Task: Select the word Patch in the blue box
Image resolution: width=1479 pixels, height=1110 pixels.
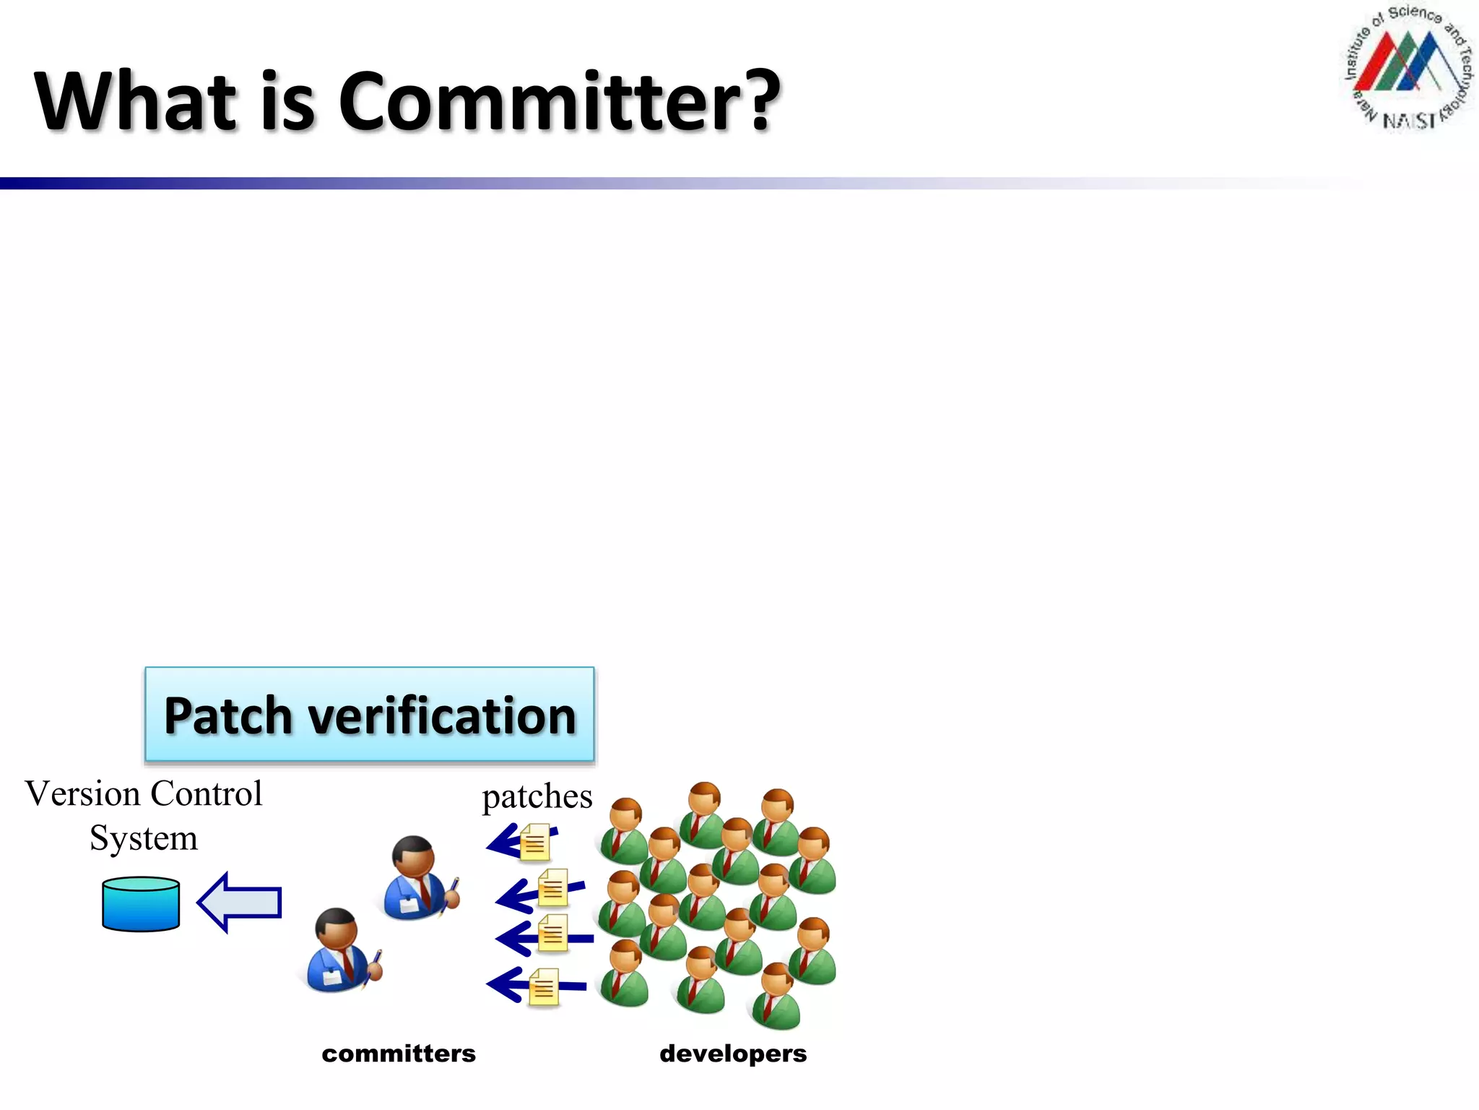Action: click(x=228, y=716)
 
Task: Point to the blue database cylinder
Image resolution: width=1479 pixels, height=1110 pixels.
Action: click(x=141, y=904)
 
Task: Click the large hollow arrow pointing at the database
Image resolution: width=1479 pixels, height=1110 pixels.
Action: click(x=240, y=903)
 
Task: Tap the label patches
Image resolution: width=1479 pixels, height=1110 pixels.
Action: click(x=537, y=797)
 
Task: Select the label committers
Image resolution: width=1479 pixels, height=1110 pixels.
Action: click(x=399, y=1054)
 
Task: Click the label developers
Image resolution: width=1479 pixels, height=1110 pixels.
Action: click(x=732, y=1054)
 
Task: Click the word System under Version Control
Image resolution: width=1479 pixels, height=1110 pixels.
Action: click(x=143, y=838)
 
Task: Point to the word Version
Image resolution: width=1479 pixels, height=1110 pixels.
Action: click(x=82, y=794)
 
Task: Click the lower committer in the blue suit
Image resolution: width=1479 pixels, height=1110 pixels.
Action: click(x=337, y=951)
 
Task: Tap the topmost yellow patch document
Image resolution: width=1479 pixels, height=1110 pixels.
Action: click(x=535, y=843)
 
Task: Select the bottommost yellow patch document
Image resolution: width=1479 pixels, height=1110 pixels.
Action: click(x=544, y=987)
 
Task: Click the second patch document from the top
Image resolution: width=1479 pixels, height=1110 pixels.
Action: click(x=553, y=888)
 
